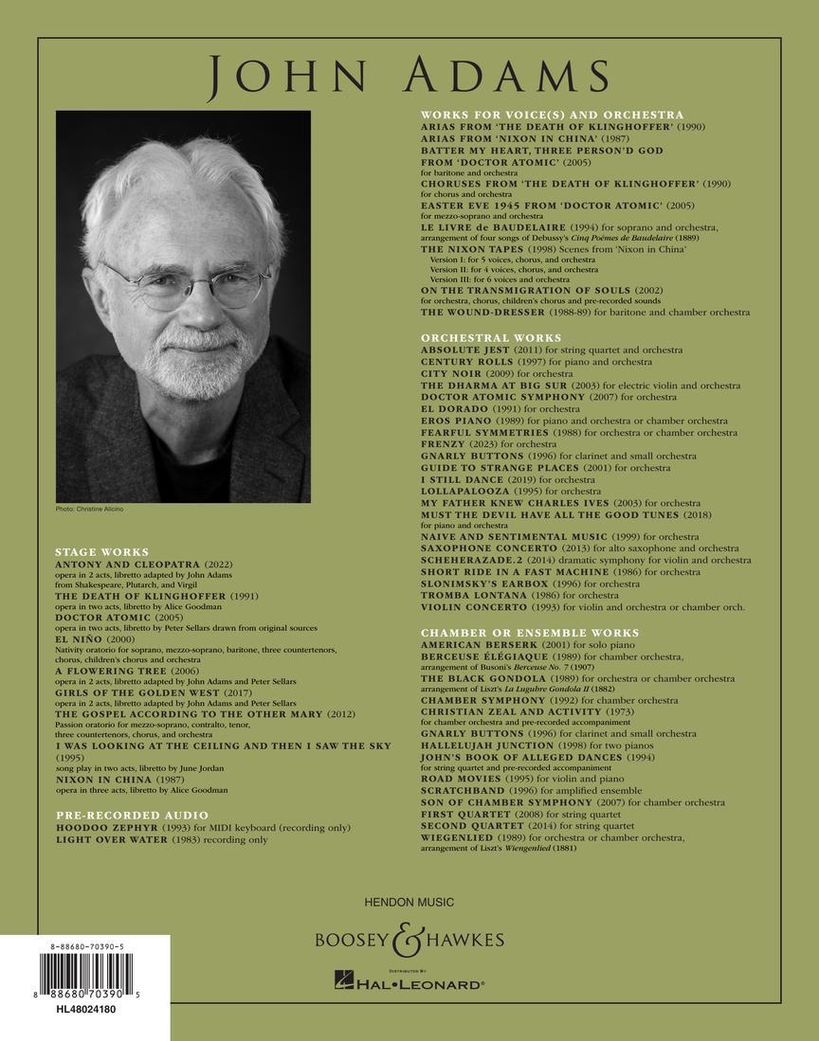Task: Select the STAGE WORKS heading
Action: pos(101,551)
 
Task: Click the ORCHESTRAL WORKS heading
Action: pos(491,338)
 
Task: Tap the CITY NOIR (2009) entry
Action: pos(466,373)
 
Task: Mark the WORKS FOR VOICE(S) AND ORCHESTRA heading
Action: pos(552,115)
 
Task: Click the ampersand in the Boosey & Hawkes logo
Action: pos(409,940)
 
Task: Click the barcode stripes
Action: pos(85,974)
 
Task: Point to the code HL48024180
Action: pos(85,1010)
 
